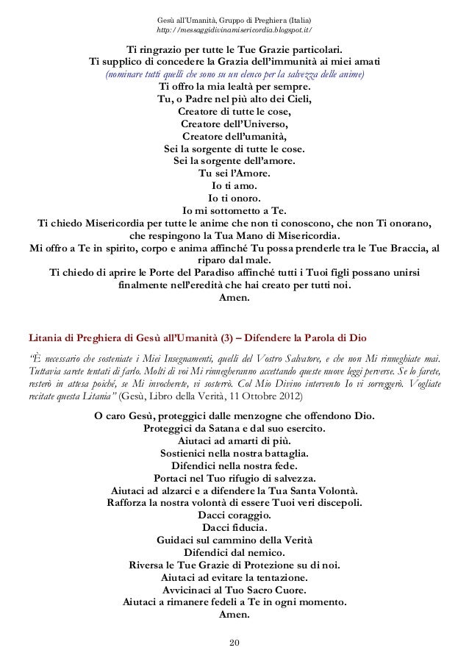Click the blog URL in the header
[x=234, y=29]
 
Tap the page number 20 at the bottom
[x=234, y=644]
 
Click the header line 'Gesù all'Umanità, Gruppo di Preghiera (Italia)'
[x=234, y=18]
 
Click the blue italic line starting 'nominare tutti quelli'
[x=234, y=75]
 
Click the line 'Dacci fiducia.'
[x=234, y=532]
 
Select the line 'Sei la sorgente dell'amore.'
[x=234, y=161]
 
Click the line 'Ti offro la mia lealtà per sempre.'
[x=234, y=88]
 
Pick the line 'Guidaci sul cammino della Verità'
[x=234, y=545]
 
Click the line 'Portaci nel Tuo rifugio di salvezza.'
[x=234, y=478]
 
